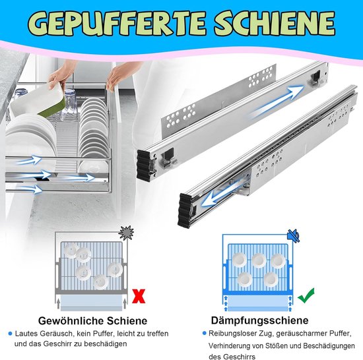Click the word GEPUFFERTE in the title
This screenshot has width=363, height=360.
coord(117,23)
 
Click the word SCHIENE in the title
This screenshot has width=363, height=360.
coord(275,23)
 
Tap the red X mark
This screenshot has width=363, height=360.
coord(139,296)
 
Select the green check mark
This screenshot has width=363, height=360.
coord(306,295)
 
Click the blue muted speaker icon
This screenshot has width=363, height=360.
coord(293,236)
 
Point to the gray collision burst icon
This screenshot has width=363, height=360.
coord(126,233)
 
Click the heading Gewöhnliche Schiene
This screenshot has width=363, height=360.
coord(92,321)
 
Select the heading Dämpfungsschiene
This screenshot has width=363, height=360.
coord(259,320)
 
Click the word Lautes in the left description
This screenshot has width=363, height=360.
coord(26,334)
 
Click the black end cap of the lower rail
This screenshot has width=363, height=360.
coord(185,211)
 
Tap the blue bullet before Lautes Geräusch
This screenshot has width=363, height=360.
coord(10,334)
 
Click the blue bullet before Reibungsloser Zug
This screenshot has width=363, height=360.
coord(204,333)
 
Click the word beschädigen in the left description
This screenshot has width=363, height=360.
coord(105,344)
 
